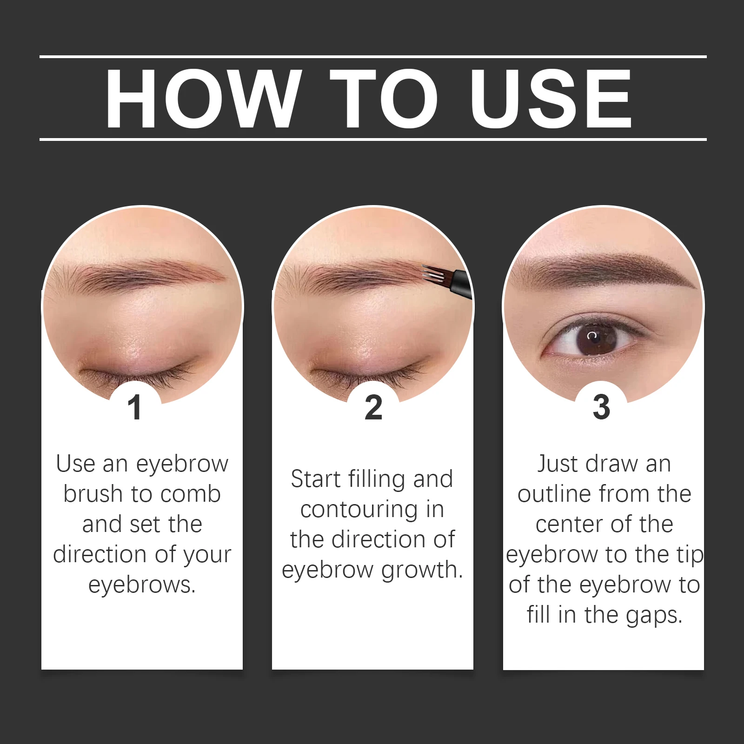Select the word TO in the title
pos(384,99)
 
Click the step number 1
pos(135,407)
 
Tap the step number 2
pos(373,407)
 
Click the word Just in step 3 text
pos(558,464)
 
